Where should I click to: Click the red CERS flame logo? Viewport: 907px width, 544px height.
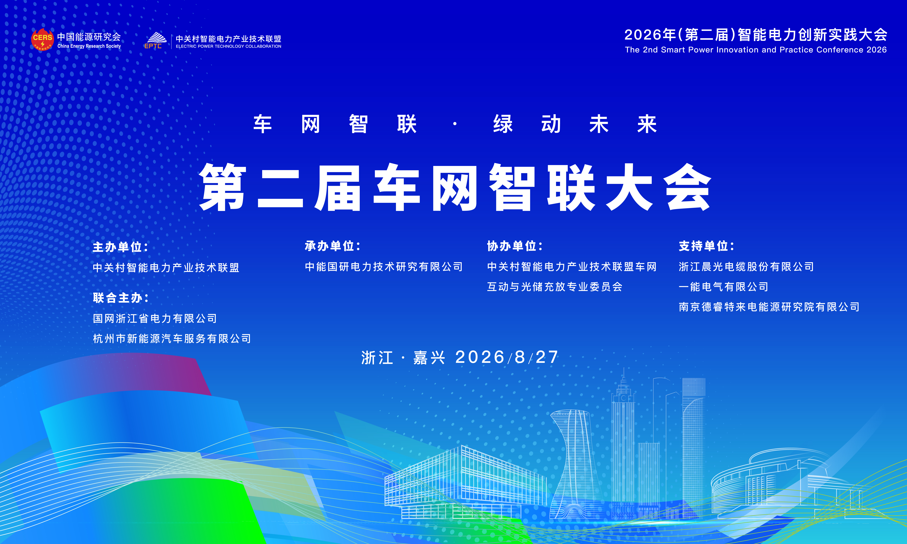[x=43, y=40]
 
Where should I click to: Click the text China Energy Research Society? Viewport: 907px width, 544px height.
[x=89, y=46]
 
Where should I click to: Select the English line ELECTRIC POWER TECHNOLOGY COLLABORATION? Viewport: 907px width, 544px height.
[x=228, y=47]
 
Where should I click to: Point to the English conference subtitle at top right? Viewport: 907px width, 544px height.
[x=756, y=50]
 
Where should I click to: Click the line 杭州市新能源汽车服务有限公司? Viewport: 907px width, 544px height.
[x=172, y=338]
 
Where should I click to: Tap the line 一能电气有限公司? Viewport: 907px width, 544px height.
[x=723, y=287]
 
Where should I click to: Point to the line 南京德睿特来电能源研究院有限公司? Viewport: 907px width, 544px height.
[x=769, y=307]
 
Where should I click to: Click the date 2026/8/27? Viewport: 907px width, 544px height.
[x=507, y=357]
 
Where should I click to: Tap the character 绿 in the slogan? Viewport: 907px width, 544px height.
[x=503, y=124]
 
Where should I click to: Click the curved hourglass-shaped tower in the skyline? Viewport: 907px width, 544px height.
[x=573, y=464]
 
